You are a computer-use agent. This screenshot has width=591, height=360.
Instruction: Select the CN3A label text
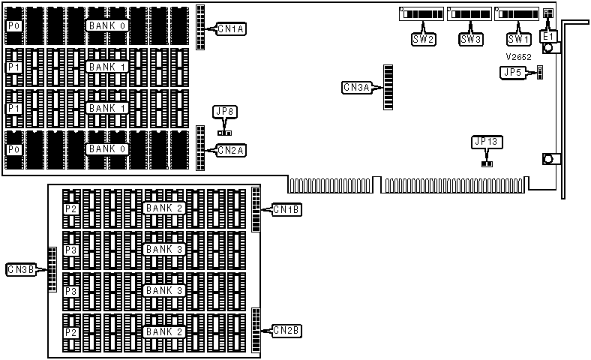coord(356,88)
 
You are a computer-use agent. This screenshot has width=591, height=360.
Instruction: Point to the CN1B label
coord(286,210)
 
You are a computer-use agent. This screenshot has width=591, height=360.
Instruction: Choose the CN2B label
coord(286,330)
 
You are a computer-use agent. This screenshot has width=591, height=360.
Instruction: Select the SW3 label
coord(470,39)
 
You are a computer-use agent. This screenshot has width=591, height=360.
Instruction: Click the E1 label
coord(548,36)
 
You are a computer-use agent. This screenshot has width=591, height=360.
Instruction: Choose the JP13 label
coord(487,142)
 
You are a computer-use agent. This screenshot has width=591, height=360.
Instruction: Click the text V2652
coord(518,57)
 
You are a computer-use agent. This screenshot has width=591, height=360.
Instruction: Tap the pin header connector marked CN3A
coord(388,88)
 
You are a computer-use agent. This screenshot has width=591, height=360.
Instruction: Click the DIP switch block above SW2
coord(421,14)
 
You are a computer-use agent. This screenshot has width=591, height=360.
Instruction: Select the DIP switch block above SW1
coord(516,14)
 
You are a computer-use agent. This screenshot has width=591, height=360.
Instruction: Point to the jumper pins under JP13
coord(487,162)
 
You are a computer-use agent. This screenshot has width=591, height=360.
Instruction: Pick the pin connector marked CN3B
coord(52,269)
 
